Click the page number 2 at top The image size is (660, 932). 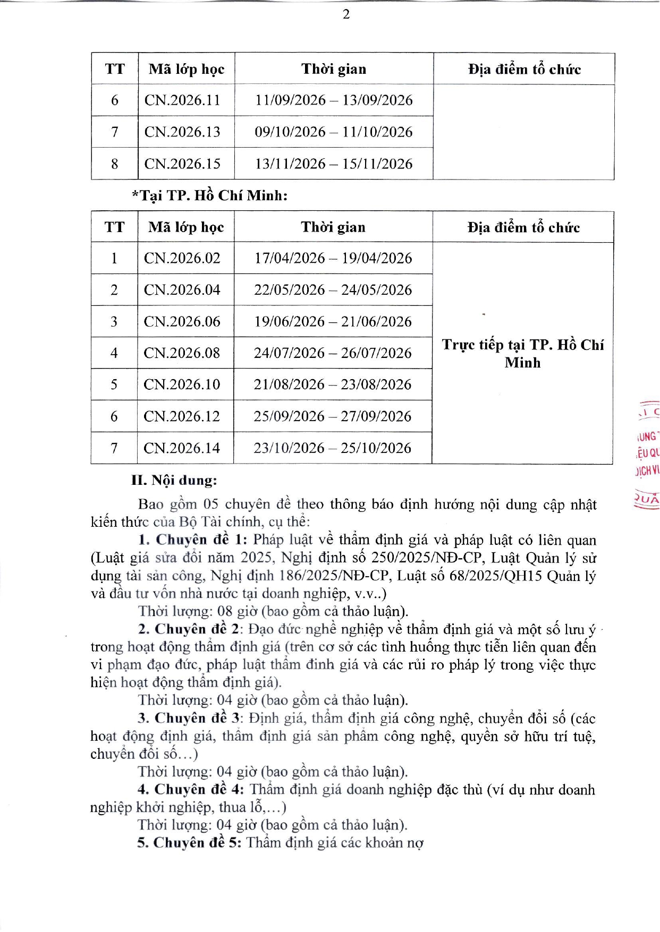coord(346,14)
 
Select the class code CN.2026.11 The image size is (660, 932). coord(182,100)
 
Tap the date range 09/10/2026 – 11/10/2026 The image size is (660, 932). coord(334,132)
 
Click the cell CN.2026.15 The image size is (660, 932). coord(182,164)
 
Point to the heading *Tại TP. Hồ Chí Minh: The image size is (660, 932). coord(210,195)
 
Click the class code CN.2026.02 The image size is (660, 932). coord(182,258)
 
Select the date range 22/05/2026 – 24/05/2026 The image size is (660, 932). coord(333,289)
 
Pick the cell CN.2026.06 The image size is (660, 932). coord(182,321)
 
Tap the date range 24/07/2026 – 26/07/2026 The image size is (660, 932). coord(333,353)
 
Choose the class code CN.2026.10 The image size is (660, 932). coord(182,384)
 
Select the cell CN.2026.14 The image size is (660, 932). coord(182,448)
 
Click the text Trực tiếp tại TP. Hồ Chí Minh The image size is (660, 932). coord(523,353)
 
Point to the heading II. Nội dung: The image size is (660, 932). coord(174,481)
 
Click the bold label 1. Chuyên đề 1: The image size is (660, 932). coord(193,540)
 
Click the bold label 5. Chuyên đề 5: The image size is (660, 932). coord(189,843)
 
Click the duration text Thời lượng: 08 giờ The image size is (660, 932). coord(198,611)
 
